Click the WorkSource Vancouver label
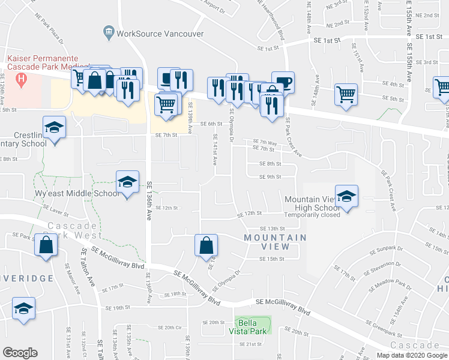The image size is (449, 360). (160, 34)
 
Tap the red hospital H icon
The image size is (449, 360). (22, 79)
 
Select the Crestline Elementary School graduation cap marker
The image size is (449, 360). (55, 128)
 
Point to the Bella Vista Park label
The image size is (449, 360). (252, 326)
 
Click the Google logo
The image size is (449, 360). (20, 352)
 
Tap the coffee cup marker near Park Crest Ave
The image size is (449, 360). (283, 83)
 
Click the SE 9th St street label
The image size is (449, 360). (270, 177)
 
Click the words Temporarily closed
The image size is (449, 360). (312, 215)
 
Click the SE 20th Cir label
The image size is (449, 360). (169, 328)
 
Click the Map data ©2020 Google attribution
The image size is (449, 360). (411, 355)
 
